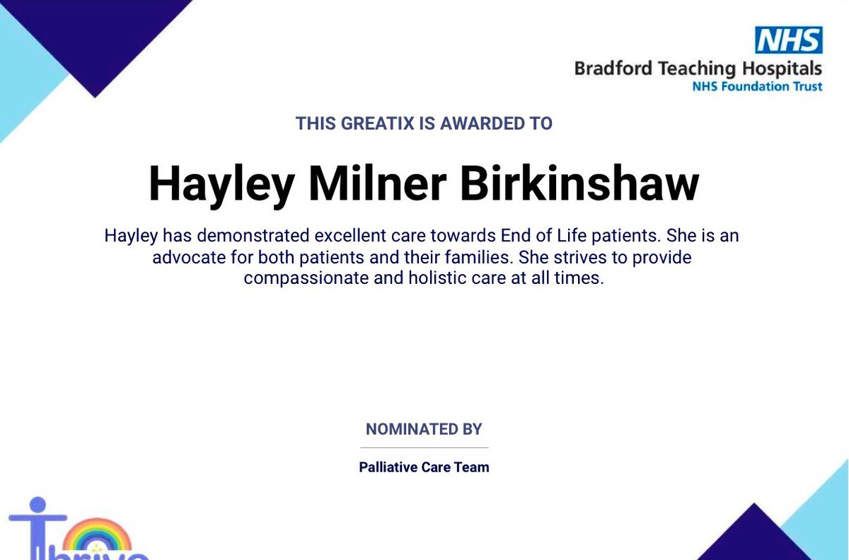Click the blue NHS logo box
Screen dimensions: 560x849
(789, 40)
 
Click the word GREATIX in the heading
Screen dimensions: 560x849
(379, 123)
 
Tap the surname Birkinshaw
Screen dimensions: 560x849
(579, 184)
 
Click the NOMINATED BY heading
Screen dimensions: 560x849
(424, 429)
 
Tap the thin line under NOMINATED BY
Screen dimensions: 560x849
(424, 447)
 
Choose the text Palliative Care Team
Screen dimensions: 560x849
(424, 467)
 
